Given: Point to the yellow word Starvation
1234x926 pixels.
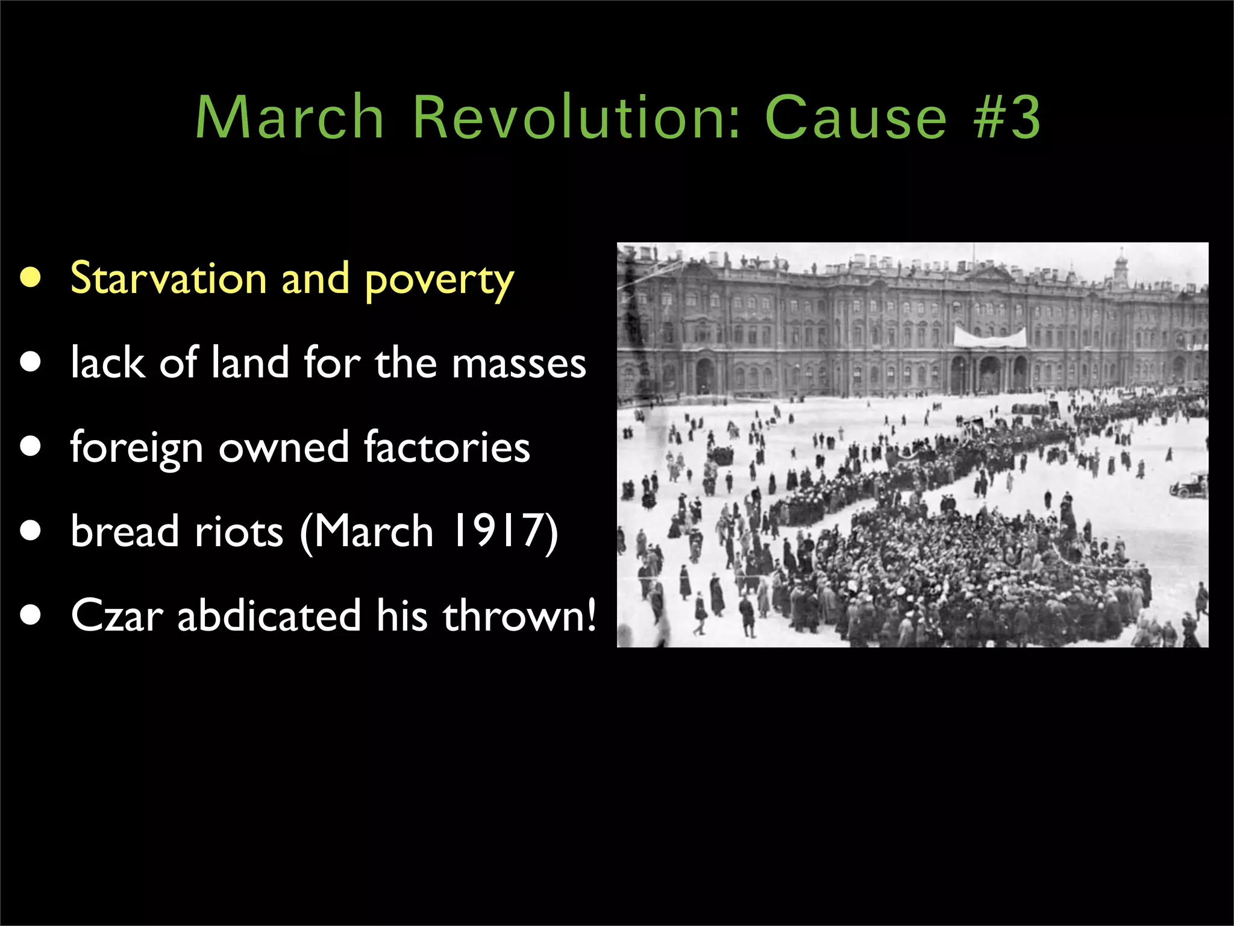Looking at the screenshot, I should click(x=168, y=279).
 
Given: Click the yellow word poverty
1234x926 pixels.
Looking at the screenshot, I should click(x=439, y=281).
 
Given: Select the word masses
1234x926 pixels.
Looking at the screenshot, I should click(x=519, y=364).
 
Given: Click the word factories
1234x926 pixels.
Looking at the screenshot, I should click(x=446, y=447).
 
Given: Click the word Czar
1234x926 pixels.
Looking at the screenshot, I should click(x=117, y=616).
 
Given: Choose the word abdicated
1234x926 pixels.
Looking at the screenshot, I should click(x=269, y=616).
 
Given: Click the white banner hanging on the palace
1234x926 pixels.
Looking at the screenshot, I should click(x=989, y=337).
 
